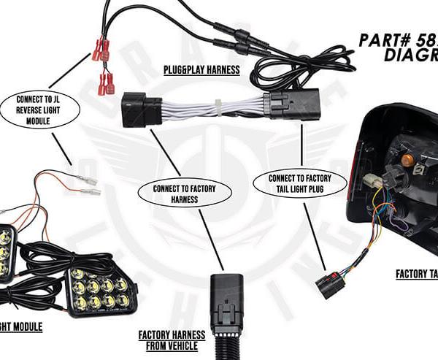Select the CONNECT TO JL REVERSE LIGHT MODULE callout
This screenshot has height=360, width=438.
click(x=36, y=109)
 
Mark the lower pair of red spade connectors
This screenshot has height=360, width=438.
click(x=107, y=82)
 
